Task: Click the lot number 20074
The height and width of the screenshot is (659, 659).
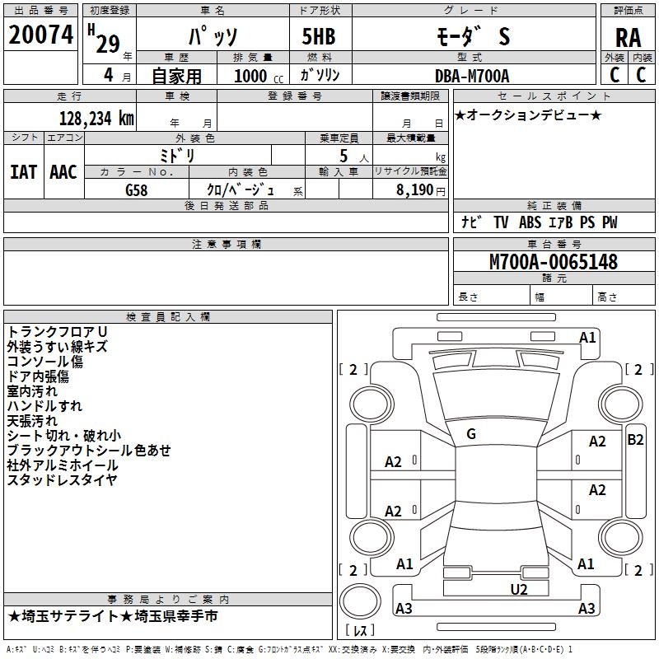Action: pyautogui.click(x=40, y=35)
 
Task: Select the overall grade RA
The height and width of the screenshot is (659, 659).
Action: pyautogui.click(x=628, y=38)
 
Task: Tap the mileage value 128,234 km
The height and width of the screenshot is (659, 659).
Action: pyautogui.click(x=96, y=119)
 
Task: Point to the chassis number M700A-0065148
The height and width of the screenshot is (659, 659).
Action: pyautogui.click(x=554, y=262)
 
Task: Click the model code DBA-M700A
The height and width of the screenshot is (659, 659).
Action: pyautogui.click(x=472, y=76)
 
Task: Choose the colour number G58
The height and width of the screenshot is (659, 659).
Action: pyautogui.click(x=137, y=190)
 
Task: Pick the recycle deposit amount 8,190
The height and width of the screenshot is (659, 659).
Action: pyautogui.click(x=414, y=189)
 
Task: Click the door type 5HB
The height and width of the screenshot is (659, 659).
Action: pyautogui.click(x=319, y=36)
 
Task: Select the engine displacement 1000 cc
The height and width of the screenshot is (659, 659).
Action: pyautogui.click(x=259, y=76)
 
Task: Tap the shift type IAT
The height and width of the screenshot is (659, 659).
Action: pyautogui.click(x=24, y=172)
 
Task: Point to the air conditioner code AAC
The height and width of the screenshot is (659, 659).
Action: pyautogui.click(x=63, y=172)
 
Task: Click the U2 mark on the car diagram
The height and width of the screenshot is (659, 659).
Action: pyautogui.click(x=519, y=589)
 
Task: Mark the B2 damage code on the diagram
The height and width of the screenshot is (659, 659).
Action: pyautogui.click(x=635, y=440)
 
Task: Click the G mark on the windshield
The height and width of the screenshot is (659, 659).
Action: pyautogui.click(x=471, y=434)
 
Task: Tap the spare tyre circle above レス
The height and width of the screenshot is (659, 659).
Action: pyautogui.click(x=360, y=601)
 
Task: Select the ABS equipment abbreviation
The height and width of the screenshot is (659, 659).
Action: pyautogui.click(x=530, y=222)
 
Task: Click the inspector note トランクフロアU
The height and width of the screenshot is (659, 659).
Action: pyautogui.click(x=57, y=332)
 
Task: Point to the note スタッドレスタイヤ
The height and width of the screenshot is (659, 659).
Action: pyautogui.click(x=63, y=479)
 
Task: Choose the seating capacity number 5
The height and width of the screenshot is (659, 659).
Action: pyautogui.click(x=344, y=156)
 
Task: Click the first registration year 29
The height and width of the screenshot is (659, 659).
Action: pyautogui.click(x=108, y=44)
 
